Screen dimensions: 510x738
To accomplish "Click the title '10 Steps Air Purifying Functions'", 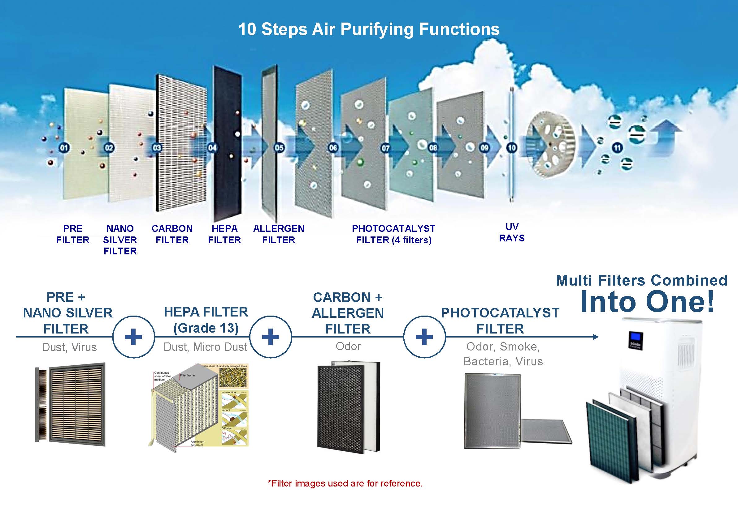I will tap(369, 29).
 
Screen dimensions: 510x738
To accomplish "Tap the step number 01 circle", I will tap(64, 148).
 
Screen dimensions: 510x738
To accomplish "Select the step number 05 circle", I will tap(279, 148).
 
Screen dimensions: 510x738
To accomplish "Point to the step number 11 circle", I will tap(617, 148).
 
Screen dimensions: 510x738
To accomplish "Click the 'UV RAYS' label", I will tap(511, 232).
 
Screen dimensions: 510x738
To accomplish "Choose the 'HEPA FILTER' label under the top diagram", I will tap(224, 234).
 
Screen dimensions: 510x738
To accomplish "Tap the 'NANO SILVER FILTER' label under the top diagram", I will tap(120, 240).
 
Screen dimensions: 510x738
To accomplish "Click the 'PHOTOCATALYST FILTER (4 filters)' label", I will tap(394, 234).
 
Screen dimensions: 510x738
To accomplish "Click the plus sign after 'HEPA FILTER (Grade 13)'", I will tap(271, 337).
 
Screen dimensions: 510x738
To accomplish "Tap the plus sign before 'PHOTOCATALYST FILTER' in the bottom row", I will tap(424, 337).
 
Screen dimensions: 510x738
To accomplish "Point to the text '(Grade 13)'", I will tap(206, 328).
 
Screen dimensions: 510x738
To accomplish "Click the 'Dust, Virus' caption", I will tap(69, 347).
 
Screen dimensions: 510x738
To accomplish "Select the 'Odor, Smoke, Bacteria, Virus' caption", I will tap(503, 354).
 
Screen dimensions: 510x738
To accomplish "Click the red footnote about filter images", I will tap(345, 483).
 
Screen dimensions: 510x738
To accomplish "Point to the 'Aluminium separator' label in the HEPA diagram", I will tap(197, 443).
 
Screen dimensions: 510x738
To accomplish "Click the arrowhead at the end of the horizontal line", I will tap(595, 337).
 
